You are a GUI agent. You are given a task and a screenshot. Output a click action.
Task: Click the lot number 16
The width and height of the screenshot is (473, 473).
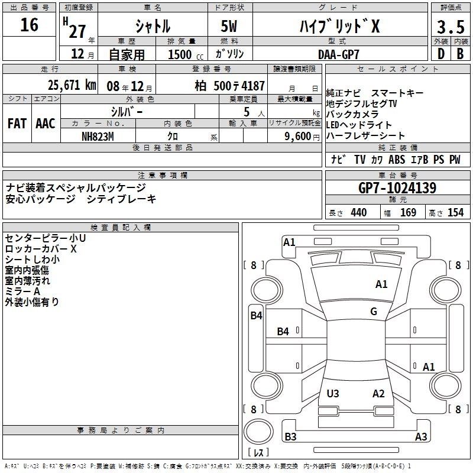coord(30,25)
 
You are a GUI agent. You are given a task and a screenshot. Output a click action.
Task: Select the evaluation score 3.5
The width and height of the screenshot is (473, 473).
coord(449,27)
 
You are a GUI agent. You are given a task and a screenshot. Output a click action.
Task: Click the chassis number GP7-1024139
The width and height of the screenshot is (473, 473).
coord(397,188)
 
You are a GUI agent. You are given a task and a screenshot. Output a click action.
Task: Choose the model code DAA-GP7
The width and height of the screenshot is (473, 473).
coord(340,53)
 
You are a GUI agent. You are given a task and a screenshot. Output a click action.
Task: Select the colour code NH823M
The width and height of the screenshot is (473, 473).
coord(98,136)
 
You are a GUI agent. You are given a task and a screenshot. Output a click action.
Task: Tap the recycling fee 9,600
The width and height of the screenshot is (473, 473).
coord(294,136)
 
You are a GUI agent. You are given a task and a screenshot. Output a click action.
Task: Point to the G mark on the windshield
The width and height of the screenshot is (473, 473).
coord(373,312)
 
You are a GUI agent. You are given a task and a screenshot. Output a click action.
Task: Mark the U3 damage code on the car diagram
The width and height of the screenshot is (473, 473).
coord(333,394)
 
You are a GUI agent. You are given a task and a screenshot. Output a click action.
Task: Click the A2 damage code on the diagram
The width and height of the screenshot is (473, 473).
coord(378,394)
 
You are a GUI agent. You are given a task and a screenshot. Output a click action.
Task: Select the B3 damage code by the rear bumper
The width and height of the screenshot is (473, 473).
coord(290,437)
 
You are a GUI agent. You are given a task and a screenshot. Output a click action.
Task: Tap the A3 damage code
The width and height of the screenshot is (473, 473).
coord(421,437)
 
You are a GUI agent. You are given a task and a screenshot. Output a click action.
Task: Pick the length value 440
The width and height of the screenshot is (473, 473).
coord(358,213)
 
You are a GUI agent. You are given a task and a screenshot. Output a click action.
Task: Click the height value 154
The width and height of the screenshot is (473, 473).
coord(455,213)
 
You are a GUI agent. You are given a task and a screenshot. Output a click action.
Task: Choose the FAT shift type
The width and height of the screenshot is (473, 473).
coord(17,124)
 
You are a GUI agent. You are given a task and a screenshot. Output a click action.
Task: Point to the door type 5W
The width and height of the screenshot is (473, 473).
coord(231,27)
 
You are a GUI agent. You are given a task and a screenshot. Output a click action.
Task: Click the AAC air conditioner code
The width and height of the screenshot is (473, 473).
coord(46,124)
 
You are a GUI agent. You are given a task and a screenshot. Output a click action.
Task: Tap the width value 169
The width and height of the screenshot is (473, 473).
coord(408,213)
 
